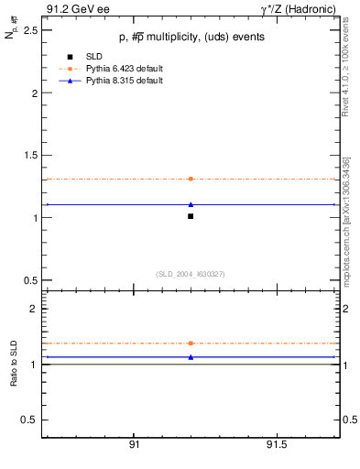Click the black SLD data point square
click(191, 216)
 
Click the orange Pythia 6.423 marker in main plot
click(191, 179)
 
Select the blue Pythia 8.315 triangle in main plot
click(191, 204)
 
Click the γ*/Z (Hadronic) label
click(298, 9)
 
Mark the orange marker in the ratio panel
click(191, 343)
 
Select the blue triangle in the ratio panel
click(191, 356)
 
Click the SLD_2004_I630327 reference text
click(190, 274)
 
